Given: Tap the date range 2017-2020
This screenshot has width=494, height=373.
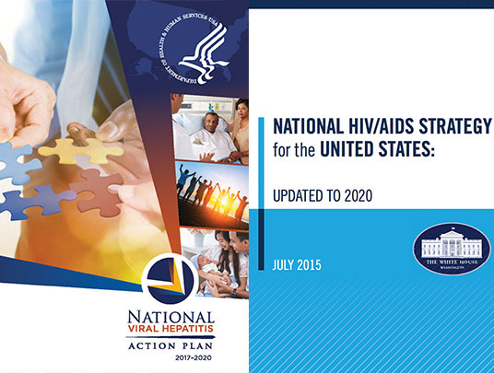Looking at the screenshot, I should (186, 355).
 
